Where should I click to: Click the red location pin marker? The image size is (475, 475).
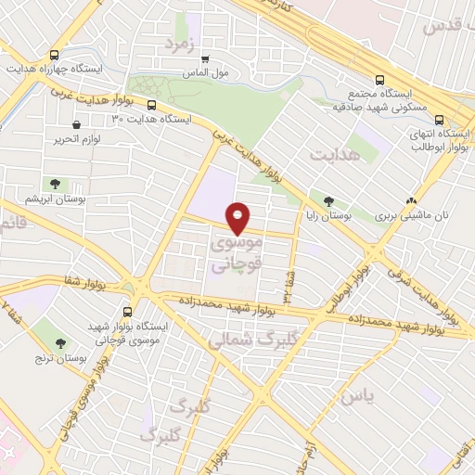238,217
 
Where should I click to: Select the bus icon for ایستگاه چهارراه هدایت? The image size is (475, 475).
55,55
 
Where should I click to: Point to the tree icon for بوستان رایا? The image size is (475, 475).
327,199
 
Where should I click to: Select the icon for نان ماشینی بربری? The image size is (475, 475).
411,200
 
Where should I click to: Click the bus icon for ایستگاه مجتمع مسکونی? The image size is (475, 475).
379,80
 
